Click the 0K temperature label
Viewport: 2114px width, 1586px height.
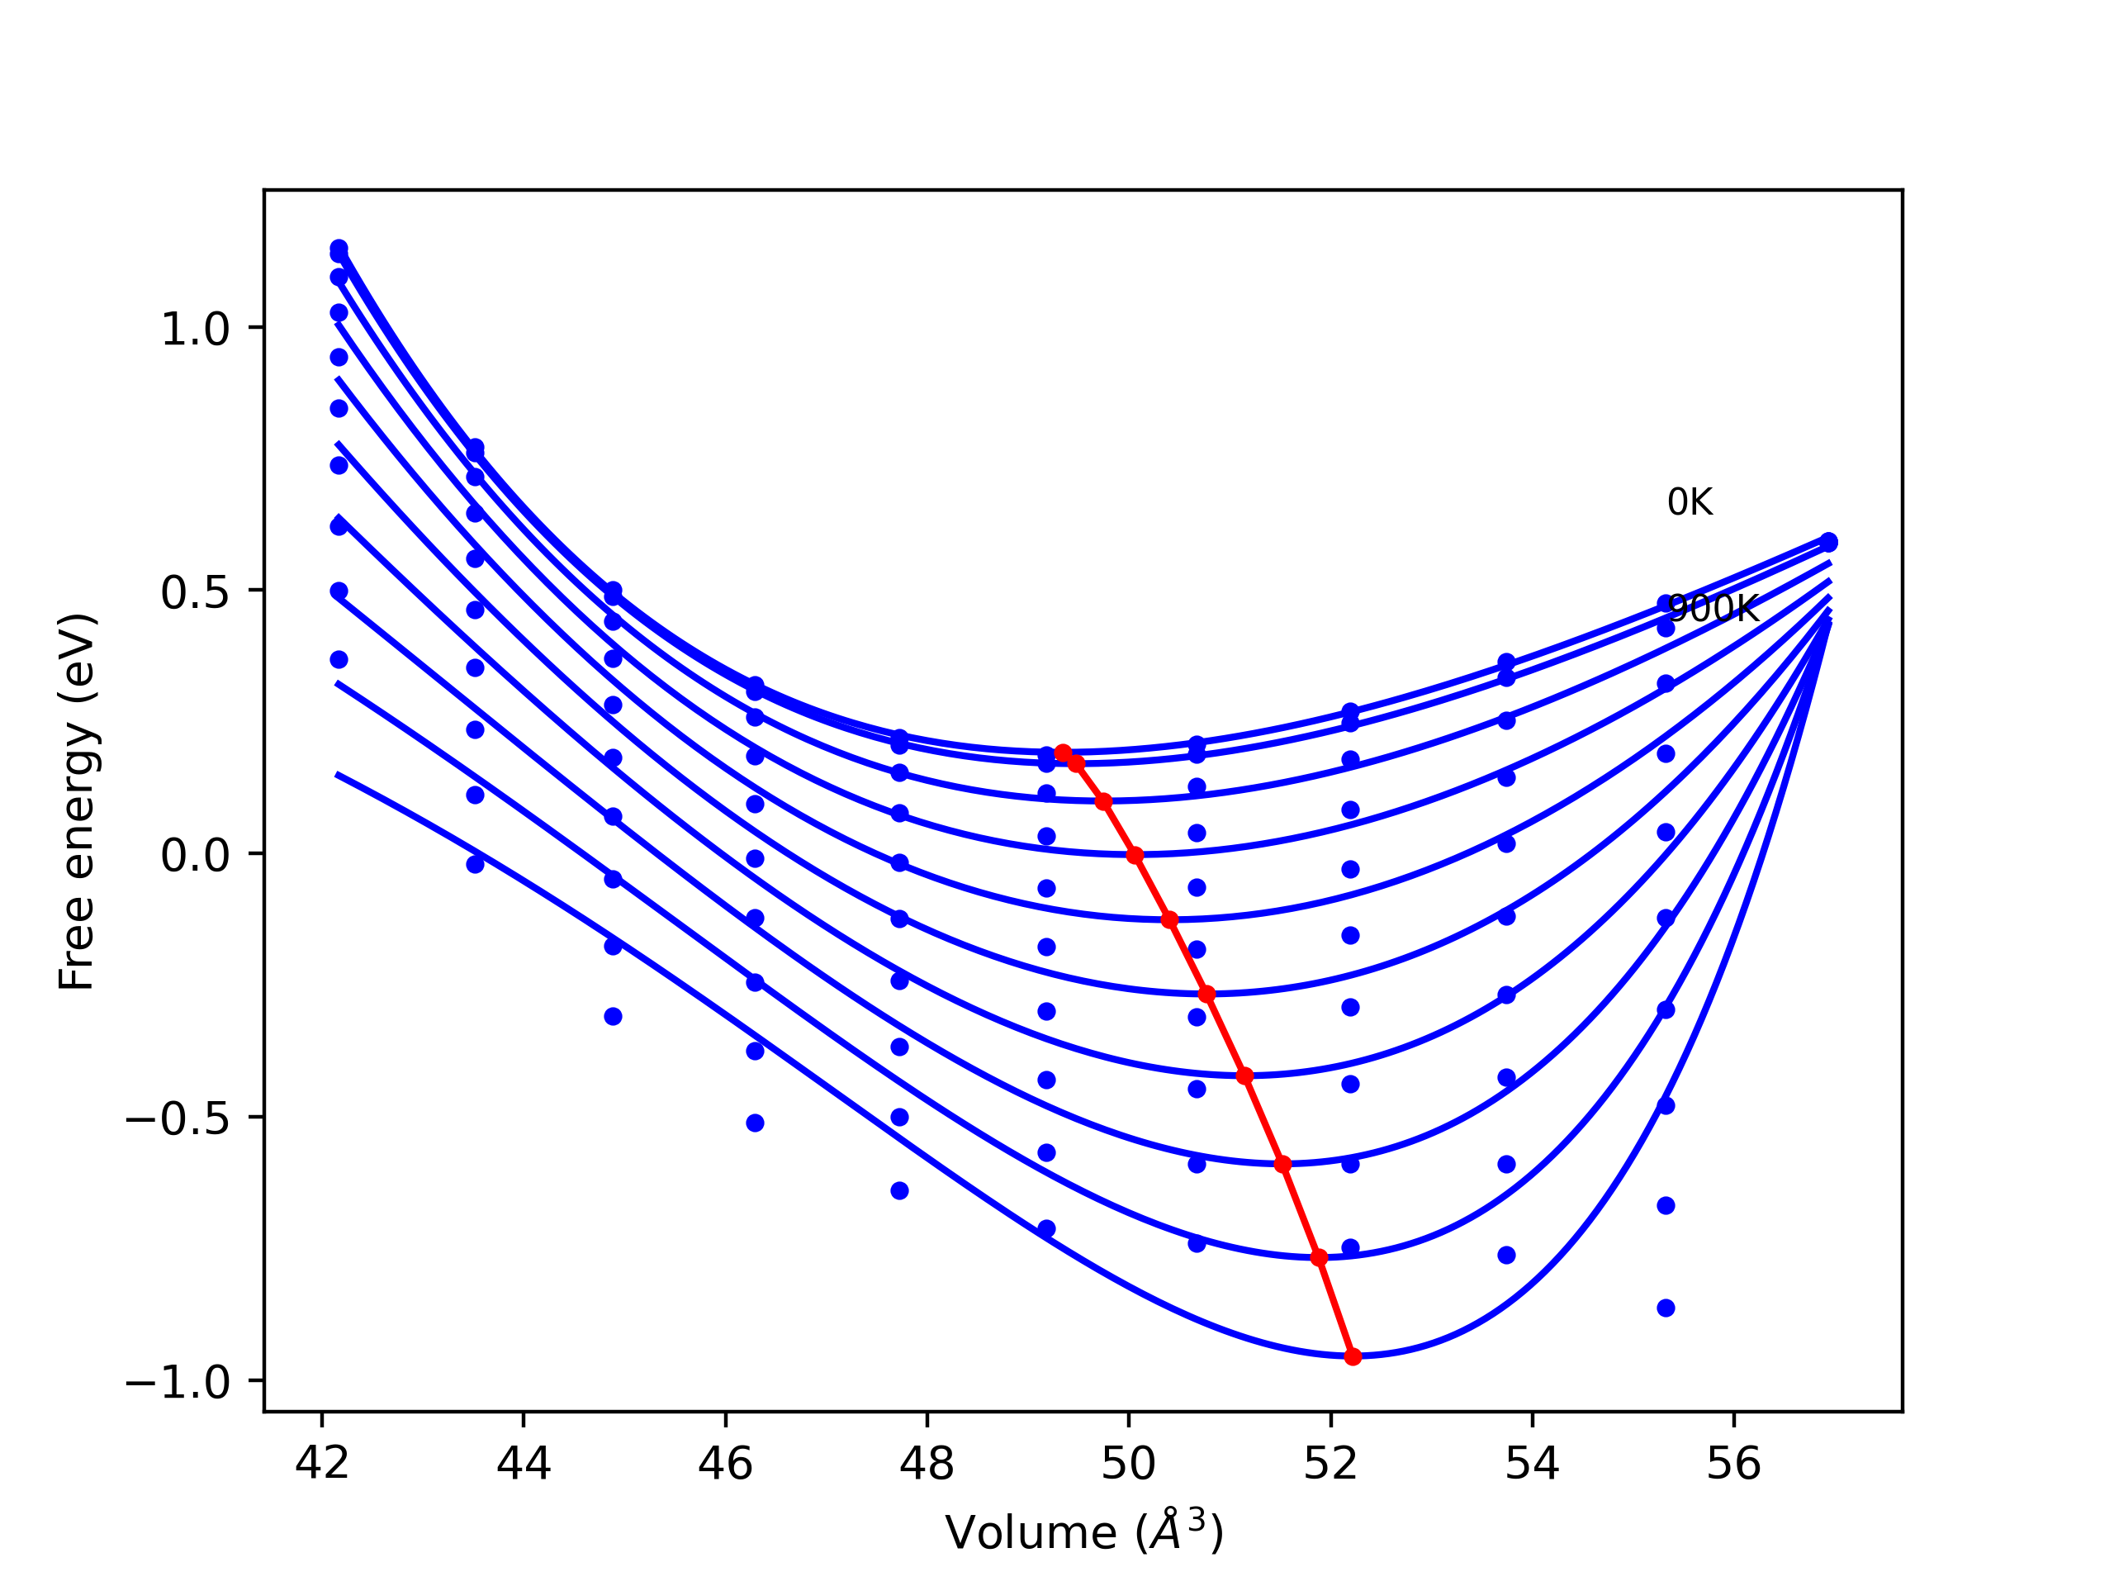point(1690,503)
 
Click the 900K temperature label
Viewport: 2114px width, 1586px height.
point(1713,609)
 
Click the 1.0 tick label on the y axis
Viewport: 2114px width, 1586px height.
point(196,330)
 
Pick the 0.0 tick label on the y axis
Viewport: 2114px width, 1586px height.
point(196,855)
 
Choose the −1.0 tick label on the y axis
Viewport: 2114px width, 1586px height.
point(178,1381)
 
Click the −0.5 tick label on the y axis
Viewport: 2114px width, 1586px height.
point(178,1118)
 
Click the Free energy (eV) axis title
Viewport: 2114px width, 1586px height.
point(77,801)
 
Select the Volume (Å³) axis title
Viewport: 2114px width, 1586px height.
point(1083,1532)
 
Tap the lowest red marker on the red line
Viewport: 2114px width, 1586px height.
point(1353,1356)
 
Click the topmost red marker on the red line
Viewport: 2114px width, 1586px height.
point(1063,753)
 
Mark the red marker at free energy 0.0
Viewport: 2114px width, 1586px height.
point(1135,855)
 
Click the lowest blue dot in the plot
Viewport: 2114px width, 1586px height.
point(1666,1308)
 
